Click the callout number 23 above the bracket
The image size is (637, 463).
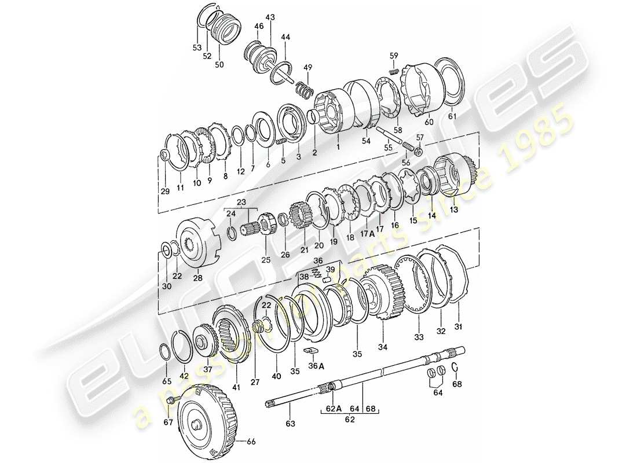(241, 203)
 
